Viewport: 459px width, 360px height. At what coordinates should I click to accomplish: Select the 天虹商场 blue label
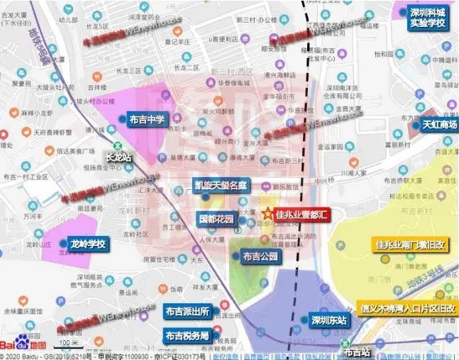pos(441,125)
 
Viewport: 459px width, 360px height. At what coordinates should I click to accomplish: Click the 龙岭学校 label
pos(87,244)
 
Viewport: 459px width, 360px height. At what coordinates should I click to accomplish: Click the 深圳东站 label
pos(328,320)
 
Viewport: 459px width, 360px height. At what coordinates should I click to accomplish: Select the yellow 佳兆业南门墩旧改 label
pos(410,245)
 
